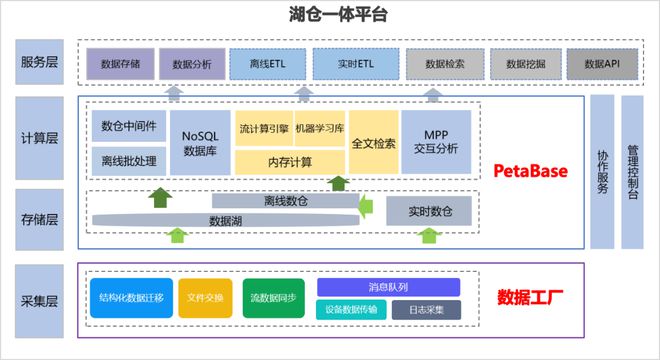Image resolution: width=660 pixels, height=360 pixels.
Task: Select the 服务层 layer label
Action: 39,63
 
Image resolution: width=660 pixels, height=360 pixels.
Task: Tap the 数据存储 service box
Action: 120,63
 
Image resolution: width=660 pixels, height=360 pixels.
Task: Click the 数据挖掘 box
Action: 524,63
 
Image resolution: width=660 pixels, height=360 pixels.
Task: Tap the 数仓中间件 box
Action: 128,126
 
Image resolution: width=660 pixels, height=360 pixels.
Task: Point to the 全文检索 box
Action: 373,142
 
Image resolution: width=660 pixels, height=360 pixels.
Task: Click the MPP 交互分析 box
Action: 435,142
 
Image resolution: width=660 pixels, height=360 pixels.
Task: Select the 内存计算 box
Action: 290,161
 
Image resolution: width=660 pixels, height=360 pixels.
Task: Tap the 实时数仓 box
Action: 428,211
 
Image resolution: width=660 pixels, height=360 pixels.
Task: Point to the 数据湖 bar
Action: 224,219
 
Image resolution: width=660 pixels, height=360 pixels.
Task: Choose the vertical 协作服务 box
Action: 602,171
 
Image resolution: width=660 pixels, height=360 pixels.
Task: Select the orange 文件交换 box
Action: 205,297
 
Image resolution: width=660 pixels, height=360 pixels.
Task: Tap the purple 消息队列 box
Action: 389,287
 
